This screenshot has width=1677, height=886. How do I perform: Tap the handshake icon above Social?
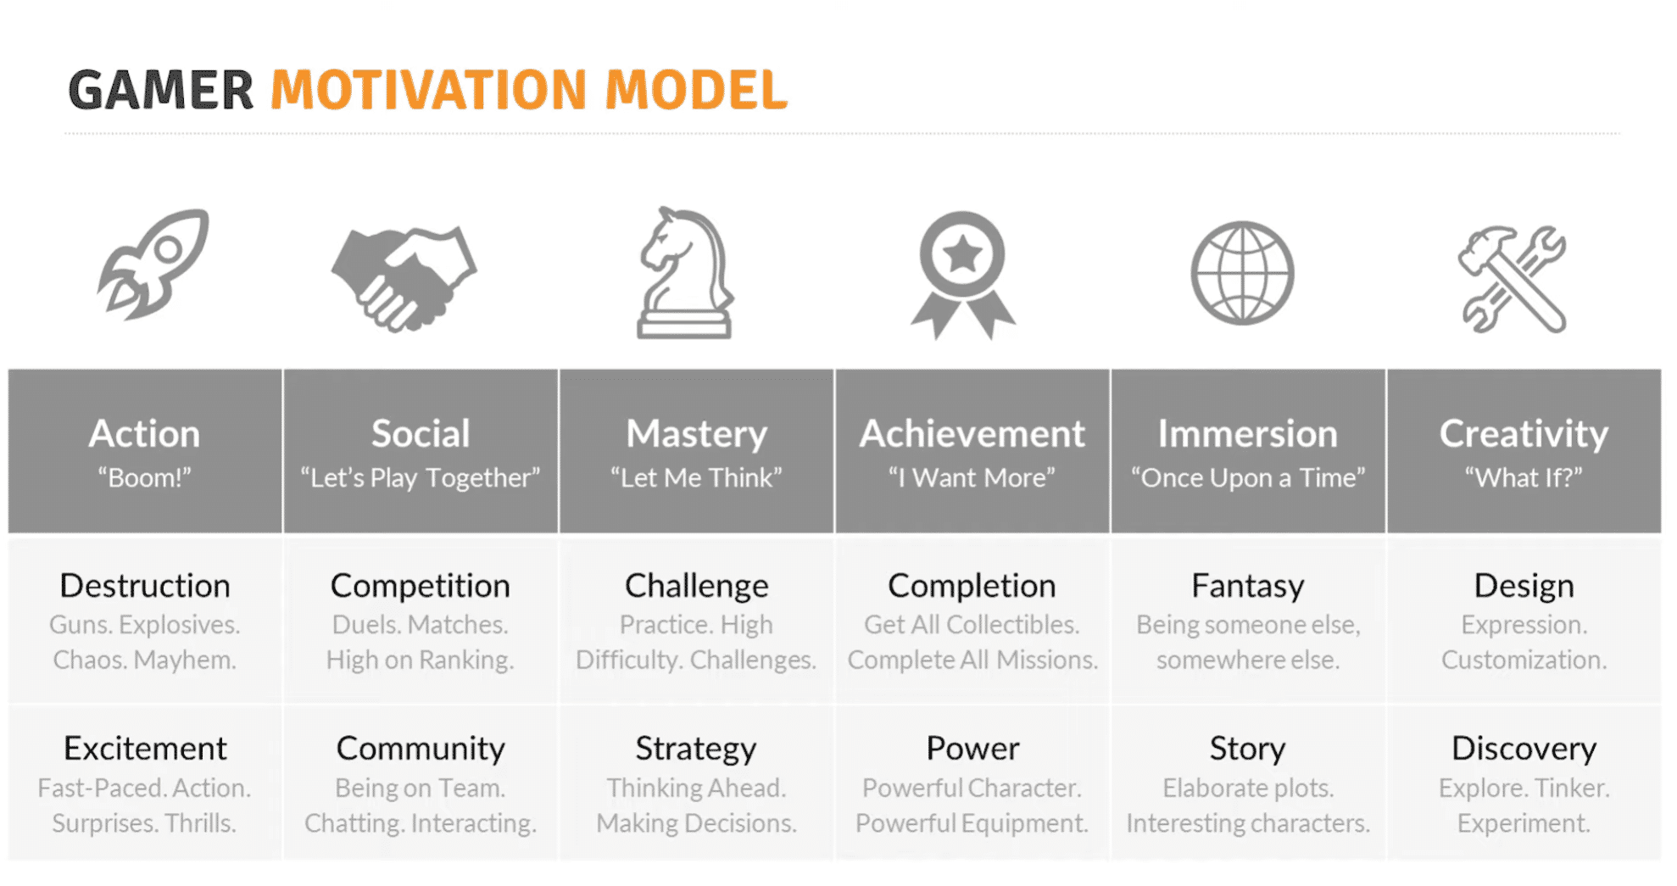click(404, 278)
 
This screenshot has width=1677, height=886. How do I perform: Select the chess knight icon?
click(685, 273)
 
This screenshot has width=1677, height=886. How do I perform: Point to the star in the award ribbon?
click(962, 254)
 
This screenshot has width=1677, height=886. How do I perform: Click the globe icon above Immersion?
click(1242, 273)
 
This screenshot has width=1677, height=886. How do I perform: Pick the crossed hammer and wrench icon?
click(1512, 278)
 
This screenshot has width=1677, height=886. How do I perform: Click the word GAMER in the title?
click(161, 90)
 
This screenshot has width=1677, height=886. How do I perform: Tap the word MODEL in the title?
click(696, 90)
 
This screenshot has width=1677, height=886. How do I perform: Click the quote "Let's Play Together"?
click(421, 478)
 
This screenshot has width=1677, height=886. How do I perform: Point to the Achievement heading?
click(972, 434)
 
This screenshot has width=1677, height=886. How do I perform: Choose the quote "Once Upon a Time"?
click(1248, 478)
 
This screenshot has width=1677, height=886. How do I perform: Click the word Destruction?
click(145, 586)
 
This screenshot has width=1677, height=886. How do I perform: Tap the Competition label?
click(421, 586)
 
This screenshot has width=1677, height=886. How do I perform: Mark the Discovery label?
click(1524, 749)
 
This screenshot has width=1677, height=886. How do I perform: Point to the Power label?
click(972, 749)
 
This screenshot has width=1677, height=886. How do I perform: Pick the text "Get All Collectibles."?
click(972, 625)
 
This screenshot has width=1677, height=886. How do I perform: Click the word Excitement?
click(145, 749)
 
